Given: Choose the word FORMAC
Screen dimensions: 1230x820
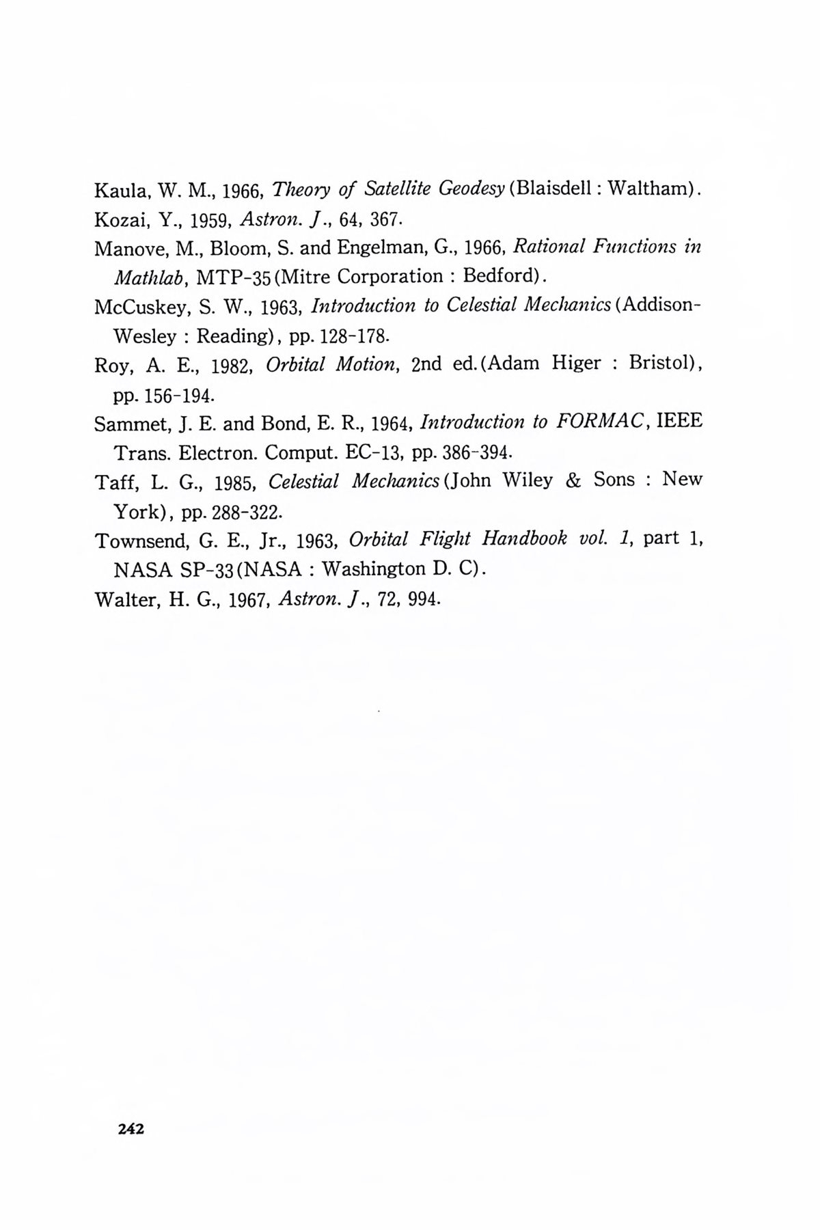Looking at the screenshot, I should coord(599,422).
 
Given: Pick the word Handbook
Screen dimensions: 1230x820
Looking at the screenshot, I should coord(524,538).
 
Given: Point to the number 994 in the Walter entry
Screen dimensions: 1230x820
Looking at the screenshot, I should coord(423,601).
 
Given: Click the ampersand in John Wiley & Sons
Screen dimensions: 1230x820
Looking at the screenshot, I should coord(573,480).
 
